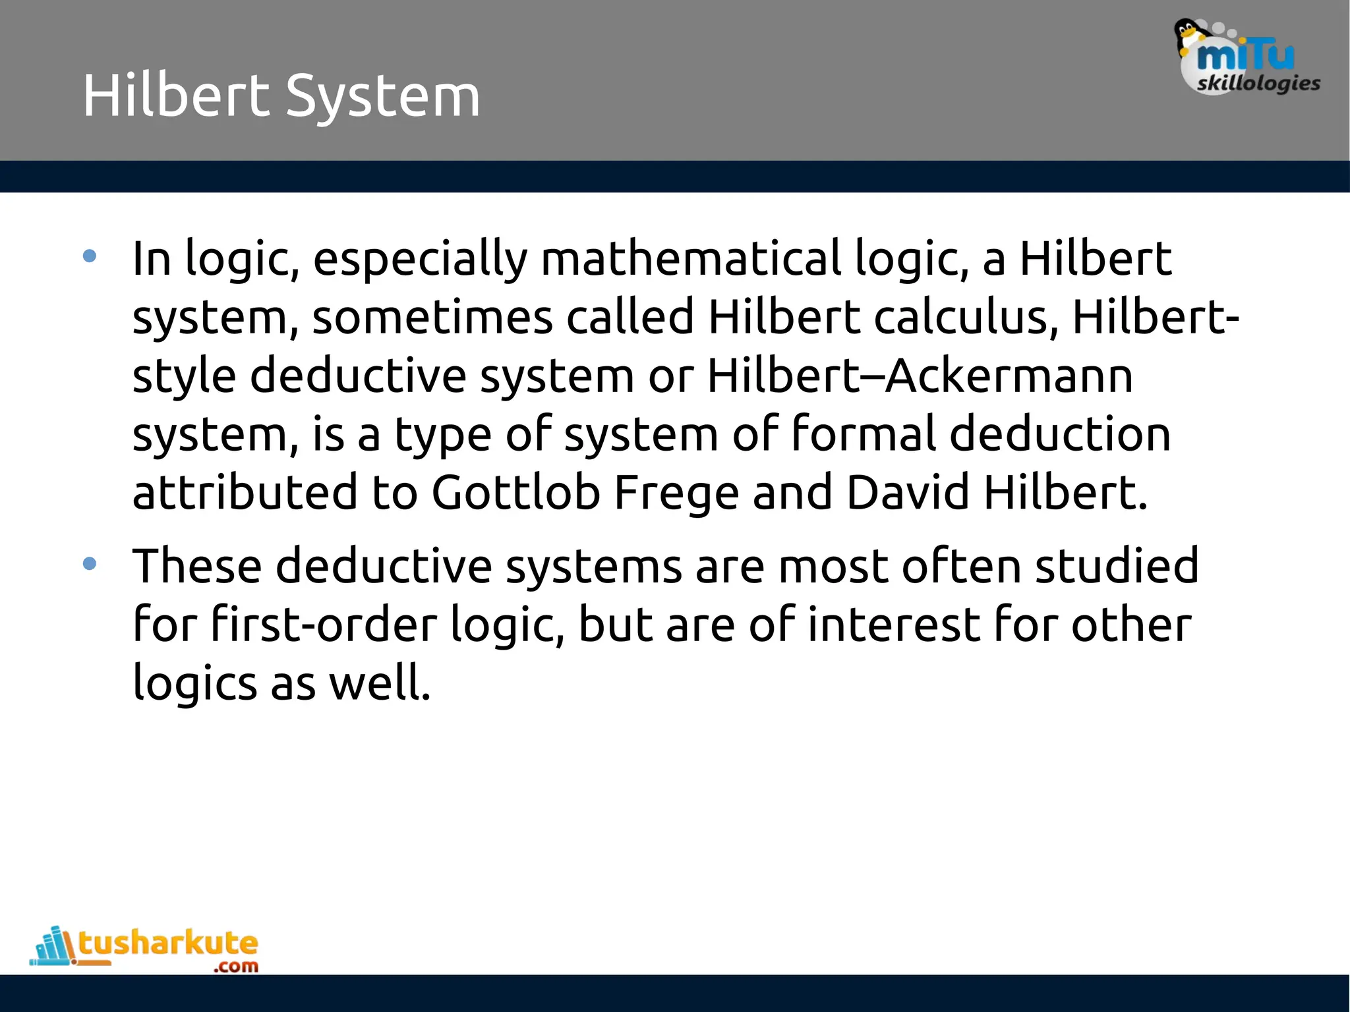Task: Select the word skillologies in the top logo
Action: tap(1258, 84)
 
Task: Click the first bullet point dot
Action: tap(90, 256)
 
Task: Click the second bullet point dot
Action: tap(90, 564)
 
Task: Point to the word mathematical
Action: tap(690, 258)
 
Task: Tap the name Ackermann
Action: tap(1009, 376)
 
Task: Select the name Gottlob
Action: tap(515, 493)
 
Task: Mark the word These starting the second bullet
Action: tap(196, 566)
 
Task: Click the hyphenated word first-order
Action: tap(324, 625)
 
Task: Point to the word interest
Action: tap(893, 625)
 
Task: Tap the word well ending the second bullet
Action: tap(379, 683)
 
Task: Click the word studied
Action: tap(1117, 566)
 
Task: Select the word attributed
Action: tap(245, 493)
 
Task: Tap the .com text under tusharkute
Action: tap(235, 967)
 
